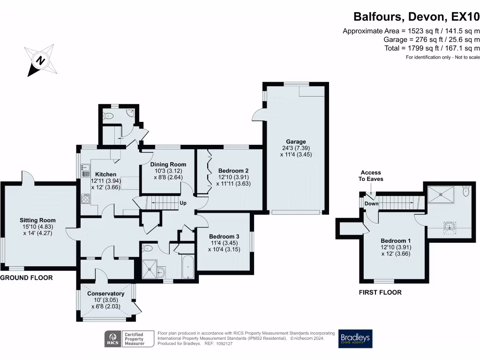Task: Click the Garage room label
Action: (x=296, y=142)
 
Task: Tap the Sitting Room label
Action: (x=37, y=220)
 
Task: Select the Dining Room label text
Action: (x=168, y=165)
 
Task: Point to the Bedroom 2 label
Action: (x=233, y=170)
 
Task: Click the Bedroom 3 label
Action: (x=224, y=236)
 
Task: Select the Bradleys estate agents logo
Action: (x=355, y=339)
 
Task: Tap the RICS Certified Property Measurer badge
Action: (x=130, y=339)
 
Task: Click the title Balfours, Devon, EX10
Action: (x=416, y=17)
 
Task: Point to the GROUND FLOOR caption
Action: (x=26, y=278)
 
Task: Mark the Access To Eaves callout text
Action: (x=371, y=176)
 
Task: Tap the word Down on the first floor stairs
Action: (x=371, y=204)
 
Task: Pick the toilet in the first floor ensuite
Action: (x=465, y=191)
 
